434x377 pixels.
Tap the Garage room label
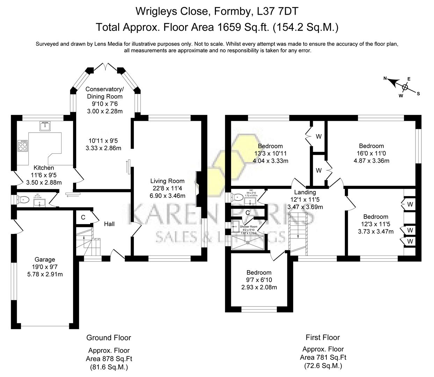click(x=45, y=259)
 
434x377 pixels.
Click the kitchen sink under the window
click(x=45, y=125)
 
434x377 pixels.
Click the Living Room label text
click(x=167, y=181)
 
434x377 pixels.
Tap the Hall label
click(x=109, y=224)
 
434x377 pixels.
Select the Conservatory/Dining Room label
click(x=104, y=93)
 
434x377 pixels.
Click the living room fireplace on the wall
click(x=198, y=188)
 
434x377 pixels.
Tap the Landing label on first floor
click(x=305, y=192)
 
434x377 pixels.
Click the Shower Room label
click(x=248, y=227)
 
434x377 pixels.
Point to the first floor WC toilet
click(x=237, y=197)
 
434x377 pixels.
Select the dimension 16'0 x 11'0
click(x=371, y=153)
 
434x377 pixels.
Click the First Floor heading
click(x=323, y=337)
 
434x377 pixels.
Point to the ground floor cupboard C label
click(x=83, y=217)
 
